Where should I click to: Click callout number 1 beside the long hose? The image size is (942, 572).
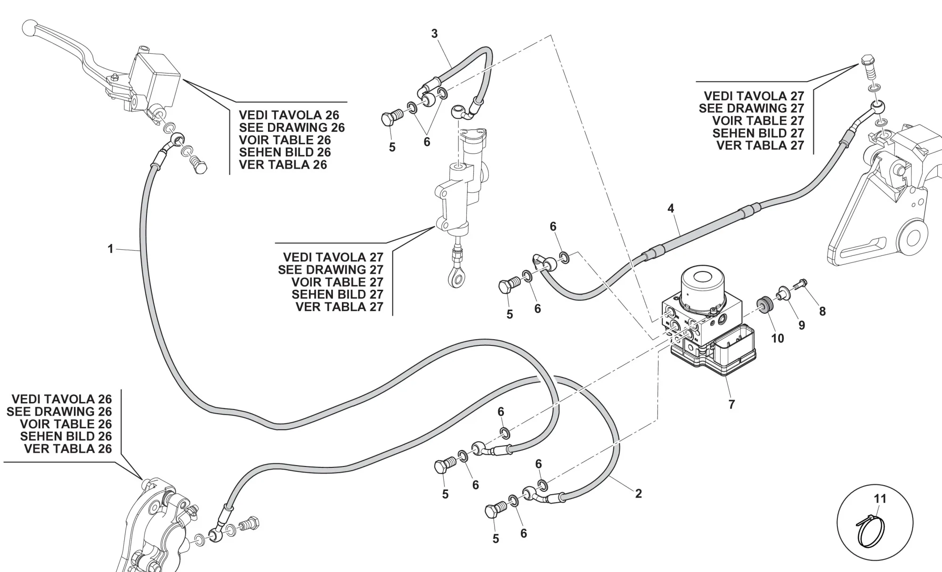point(111,249)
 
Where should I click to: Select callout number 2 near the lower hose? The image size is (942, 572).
point(638,493)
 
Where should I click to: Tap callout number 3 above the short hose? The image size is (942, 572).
point(434,33)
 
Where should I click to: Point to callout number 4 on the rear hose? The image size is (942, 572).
point(671,208)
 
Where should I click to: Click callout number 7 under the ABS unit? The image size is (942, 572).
point(731,404)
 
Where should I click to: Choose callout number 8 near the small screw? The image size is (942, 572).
point(822,311)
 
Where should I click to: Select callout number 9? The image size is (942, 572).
point(802,325)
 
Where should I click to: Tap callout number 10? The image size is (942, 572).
point(777,338)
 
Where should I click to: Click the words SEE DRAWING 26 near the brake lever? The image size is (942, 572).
point(292,128)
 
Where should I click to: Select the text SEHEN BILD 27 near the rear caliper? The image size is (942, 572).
point(758,133)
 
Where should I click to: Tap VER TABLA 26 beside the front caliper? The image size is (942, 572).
point(68,449)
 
